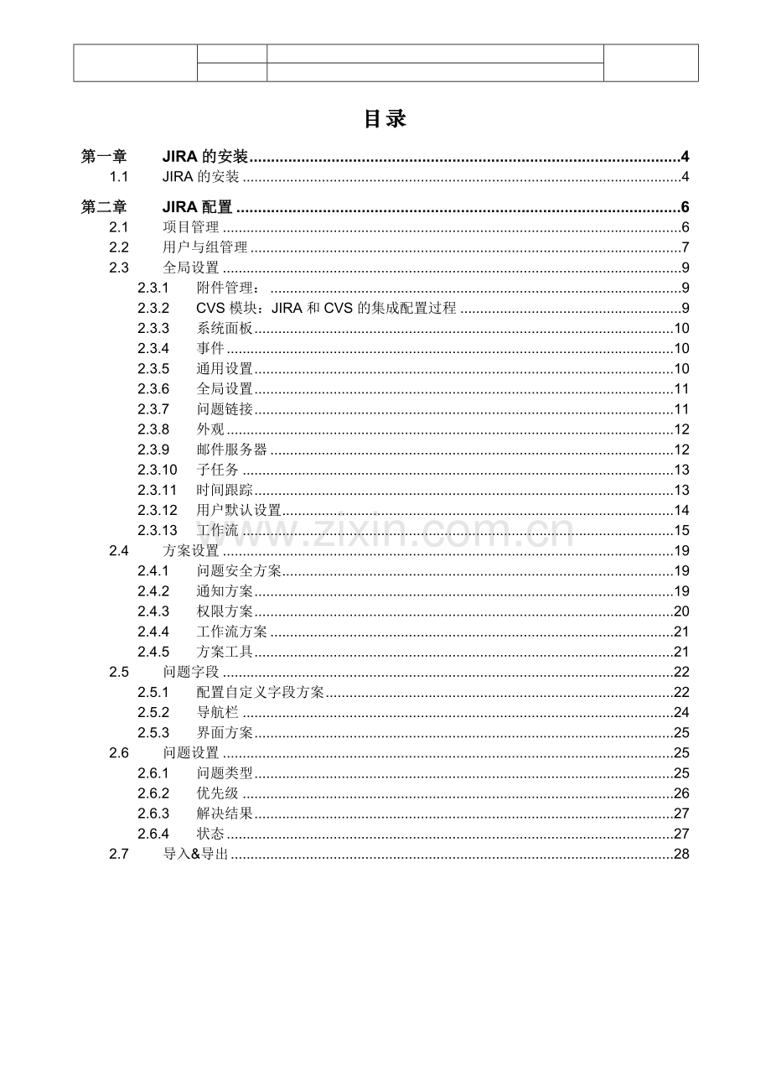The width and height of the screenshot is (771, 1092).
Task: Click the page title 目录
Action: pos(385,119)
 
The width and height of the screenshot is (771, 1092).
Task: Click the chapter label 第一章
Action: pos(104,157)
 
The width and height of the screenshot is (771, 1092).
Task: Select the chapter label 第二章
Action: pos(104,207)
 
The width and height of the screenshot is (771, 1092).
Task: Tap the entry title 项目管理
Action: pos(190,227)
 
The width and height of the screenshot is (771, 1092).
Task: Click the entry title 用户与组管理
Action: pos(204,247)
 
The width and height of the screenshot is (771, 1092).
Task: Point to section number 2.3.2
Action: pos(153,308)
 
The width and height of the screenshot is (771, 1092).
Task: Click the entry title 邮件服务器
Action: pos(232,450)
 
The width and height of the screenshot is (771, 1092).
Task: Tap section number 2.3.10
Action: pos(157,470)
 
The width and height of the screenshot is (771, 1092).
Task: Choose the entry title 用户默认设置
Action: pos(239,510)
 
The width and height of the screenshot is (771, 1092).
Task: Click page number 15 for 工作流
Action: pos(681,530)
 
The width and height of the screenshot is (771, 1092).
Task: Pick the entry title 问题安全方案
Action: pos(239,571)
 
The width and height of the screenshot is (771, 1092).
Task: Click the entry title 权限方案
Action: pos(225,611)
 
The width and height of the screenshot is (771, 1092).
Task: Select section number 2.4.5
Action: pos(153,652)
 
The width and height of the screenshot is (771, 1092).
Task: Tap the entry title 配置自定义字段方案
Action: pos(261,692)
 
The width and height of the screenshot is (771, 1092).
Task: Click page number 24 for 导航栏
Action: pos(681,713)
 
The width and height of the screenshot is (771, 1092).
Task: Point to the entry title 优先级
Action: pos(218,793)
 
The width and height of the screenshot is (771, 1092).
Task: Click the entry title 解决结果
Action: pos(225,814)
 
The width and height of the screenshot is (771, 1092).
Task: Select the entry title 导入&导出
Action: pos(195,854)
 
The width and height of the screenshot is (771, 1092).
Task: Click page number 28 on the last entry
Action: pos(681,854)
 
